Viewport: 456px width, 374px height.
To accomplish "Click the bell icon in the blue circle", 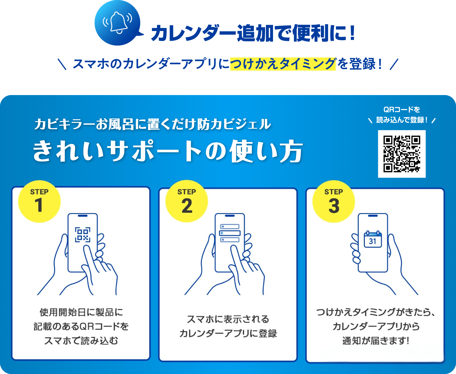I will [x=118, y=22].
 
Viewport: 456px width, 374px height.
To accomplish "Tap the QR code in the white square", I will [x=402, y=154].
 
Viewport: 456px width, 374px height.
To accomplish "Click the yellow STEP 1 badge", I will [x=39, y=201].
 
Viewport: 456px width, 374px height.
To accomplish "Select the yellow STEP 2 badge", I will [x=187, y=201].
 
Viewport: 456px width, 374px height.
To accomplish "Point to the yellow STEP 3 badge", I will [x=334, y=201].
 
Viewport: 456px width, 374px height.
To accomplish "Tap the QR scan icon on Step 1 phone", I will [x=83, y=235].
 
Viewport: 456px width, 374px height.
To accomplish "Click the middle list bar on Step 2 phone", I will [x=230, y=233].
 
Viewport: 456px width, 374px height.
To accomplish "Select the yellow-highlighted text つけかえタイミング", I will [x=283, y=64].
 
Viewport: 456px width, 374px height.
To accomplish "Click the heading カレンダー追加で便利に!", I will [x=253, y=33].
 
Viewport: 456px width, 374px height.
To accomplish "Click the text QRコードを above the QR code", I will [x=402, y=110].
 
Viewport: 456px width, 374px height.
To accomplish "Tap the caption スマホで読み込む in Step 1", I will [x=81, y=341].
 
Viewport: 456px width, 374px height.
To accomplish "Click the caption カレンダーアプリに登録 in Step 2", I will [x=228, y=333].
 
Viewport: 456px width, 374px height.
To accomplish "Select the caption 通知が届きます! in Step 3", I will [x=376, y=341].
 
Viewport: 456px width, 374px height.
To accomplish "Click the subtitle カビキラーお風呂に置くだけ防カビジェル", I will [x=152, y=124].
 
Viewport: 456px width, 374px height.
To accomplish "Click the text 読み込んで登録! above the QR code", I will [x=402, y=120].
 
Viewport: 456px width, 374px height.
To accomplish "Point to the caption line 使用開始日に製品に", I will [x=81, y=312].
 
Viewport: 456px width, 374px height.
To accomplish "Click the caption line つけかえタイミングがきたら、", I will [x=376, y=312].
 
